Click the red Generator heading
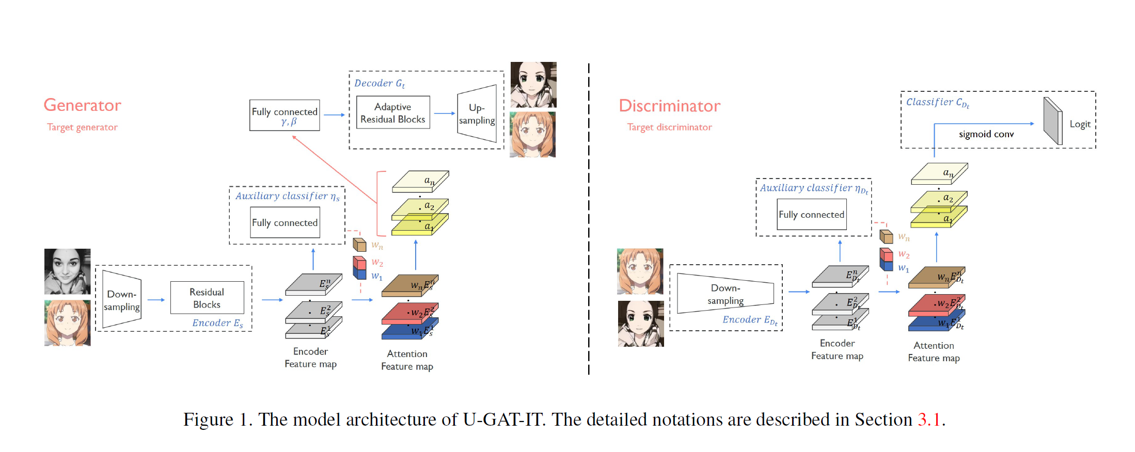[x=82, y=105]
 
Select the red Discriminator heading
[x=669, y=106]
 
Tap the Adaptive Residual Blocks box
[x=393, y=112]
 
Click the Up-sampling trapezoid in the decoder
[x=477, y=114]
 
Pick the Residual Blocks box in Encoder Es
[x=207, y=298]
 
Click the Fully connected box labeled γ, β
[x=285, y=115]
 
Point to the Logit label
[x=1080, y=124]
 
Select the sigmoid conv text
[x=986, y=134]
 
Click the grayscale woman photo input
[x=67, y=271]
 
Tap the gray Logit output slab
[x=1052, y=121]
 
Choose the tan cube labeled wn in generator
[x=359, y=244]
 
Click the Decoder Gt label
[x=380, y=84]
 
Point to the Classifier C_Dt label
[x=937, y=102]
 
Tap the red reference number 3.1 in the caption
[x=929, y=419]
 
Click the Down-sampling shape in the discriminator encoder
[x=725, y=294]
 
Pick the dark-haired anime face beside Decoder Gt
[x=533, y=84]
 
